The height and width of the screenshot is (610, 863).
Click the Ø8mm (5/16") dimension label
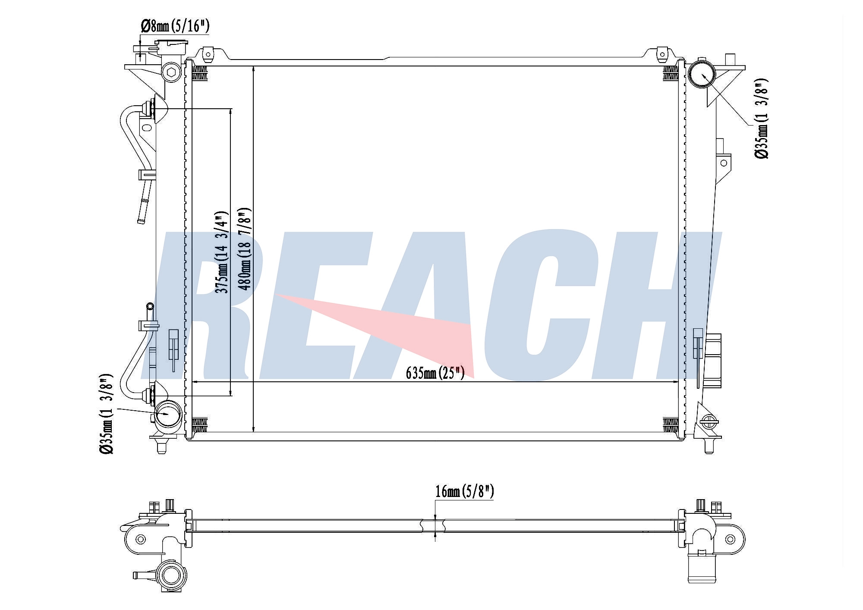pos(175,27)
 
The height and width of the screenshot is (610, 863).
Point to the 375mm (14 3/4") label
pos(221,252)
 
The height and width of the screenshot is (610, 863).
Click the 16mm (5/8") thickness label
pos(464,491)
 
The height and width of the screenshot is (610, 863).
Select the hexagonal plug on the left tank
pos(171,72)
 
